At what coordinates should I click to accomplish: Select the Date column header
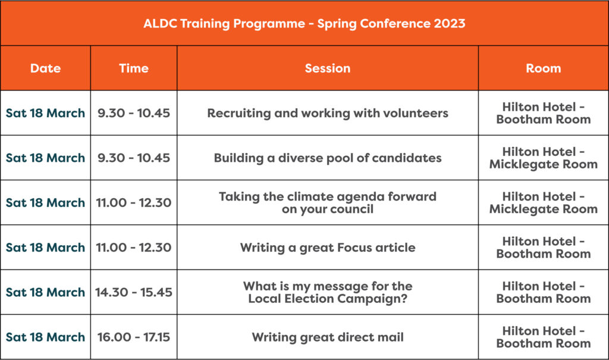(45, 68)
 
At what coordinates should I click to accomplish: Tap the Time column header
(134, 68)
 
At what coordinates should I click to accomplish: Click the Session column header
(328, 68)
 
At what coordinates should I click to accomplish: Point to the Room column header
(544, 68)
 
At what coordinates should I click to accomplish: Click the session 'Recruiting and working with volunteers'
(328, 113)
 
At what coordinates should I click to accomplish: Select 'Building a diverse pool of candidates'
(328, 158)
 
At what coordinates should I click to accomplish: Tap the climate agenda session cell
(328, 202)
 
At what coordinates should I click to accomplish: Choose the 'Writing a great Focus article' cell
(328, 248)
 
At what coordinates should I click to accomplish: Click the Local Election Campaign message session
(328, 292)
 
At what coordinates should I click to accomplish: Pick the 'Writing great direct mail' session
(328, 337)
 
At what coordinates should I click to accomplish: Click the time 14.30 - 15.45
(134, 292)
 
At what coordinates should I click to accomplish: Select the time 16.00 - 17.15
(134, 337)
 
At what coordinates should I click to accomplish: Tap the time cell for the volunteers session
(134, 113)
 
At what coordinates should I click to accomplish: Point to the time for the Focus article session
(134, 248)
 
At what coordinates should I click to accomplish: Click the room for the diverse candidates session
(544, 158)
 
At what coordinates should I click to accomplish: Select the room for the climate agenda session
(544, 202)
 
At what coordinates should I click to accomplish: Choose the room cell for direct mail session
(544, 337)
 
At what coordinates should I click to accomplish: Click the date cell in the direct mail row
(45, 337)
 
